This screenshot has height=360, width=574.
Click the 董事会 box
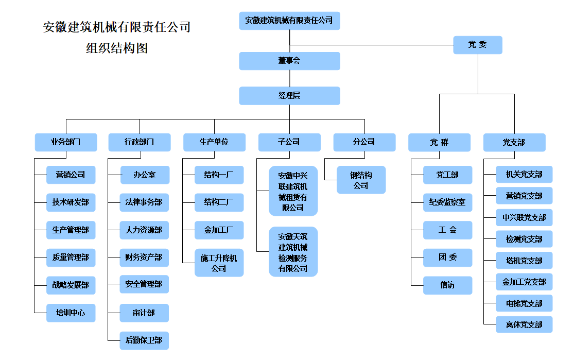(x=289, y=61)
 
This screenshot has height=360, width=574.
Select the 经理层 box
(x=289, y=96)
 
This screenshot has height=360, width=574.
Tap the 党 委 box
(x=478, y=45)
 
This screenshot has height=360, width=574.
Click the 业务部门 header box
(x=66, y=142)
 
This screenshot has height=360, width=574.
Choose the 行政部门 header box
(x=140, y=142)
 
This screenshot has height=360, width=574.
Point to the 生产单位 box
(x=214, y=142)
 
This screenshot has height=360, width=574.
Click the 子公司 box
(x=289, y=142)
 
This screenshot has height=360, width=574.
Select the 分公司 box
(x=364, y=142)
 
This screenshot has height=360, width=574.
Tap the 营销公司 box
(x=71, y=175)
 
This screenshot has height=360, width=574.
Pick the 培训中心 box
(x=71, y=313)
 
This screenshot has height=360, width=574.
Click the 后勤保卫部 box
(x=144, y=340)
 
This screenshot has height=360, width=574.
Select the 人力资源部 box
(x=144, y=230)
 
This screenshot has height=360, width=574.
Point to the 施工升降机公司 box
(x=219, y=263)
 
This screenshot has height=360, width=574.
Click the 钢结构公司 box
(x=361, y=180)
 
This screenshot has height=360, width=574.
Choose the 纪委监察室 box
(x=448, y=202)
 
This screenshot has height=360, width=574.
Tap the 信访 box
(x=448, y=285)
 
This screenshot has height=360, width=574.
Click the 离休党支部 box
(x=524, y=324)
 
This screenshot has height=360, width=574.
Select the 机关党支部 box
(x=524, y=174)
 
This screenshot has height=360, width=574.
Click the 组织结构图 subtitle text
(x=117, y=48)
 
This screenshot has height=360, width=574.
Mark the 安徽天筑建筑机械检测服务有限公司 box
(x=293, y=252)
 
